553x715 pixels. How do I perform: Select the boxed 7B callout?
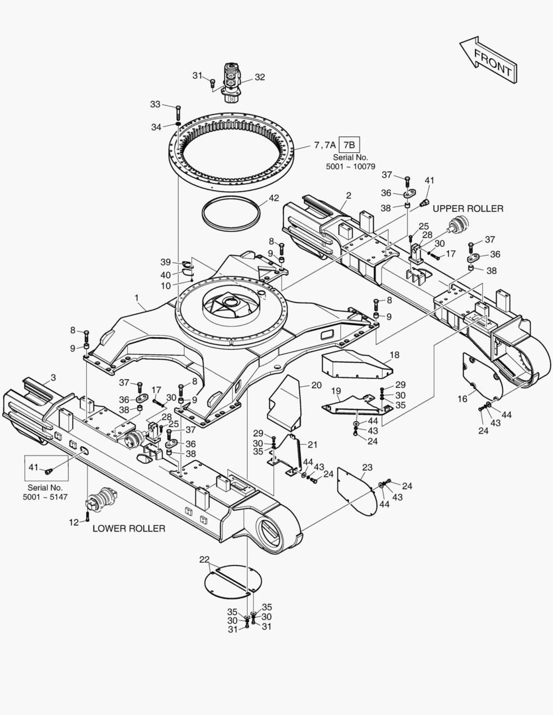tap(349, 144)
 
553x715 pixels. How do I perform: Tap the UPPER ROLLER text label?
tap(468, 209)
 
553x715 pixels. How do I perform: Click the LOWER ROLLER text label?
tap(128, 528)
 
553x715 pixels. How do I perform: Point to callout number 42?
tap(273, 198)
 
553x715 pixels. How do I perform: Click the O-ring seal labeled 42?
tap(230, 213)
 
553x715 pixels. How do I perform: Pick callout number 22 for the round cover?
tap(205, 559)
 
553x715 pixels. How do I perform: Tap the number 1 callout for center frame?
tap(136, 299)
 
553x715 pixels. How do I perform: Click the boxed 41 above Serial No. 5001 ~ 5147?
tap(34, 467)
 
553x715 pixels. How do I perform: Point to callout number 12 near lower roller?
tap(74, 522)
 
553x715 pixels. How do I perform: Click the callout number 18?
tap(395, 355)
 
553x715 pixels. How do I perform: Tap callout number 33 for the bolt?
tap(155, 105)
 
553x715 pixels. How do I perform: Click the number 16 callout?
tap(463, 399)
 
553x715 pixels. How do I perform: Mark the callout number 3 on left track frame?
tap(53, 377)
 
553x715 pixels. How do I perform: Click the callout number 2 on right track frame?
tap(348, 195)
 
